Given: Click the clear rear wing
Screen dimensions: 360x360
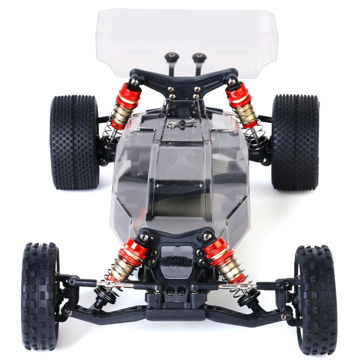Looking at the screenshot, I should pyautogui.click(x=185, y=35).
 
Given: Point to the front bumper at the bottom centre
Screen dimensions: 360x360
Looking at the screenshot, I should pyautogui.click(x=176, y=314).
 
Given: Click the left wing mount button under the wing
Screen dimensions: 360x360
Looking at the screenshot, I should pyautogui.click(x=172, y=57).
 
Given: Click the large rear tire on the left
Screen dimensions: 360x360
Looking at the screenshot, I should pyautogui.click(x=74, y=142).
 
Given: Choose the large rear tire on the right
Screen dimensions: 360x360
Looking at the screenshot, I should pyautogui.click(x=295, y=142).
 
